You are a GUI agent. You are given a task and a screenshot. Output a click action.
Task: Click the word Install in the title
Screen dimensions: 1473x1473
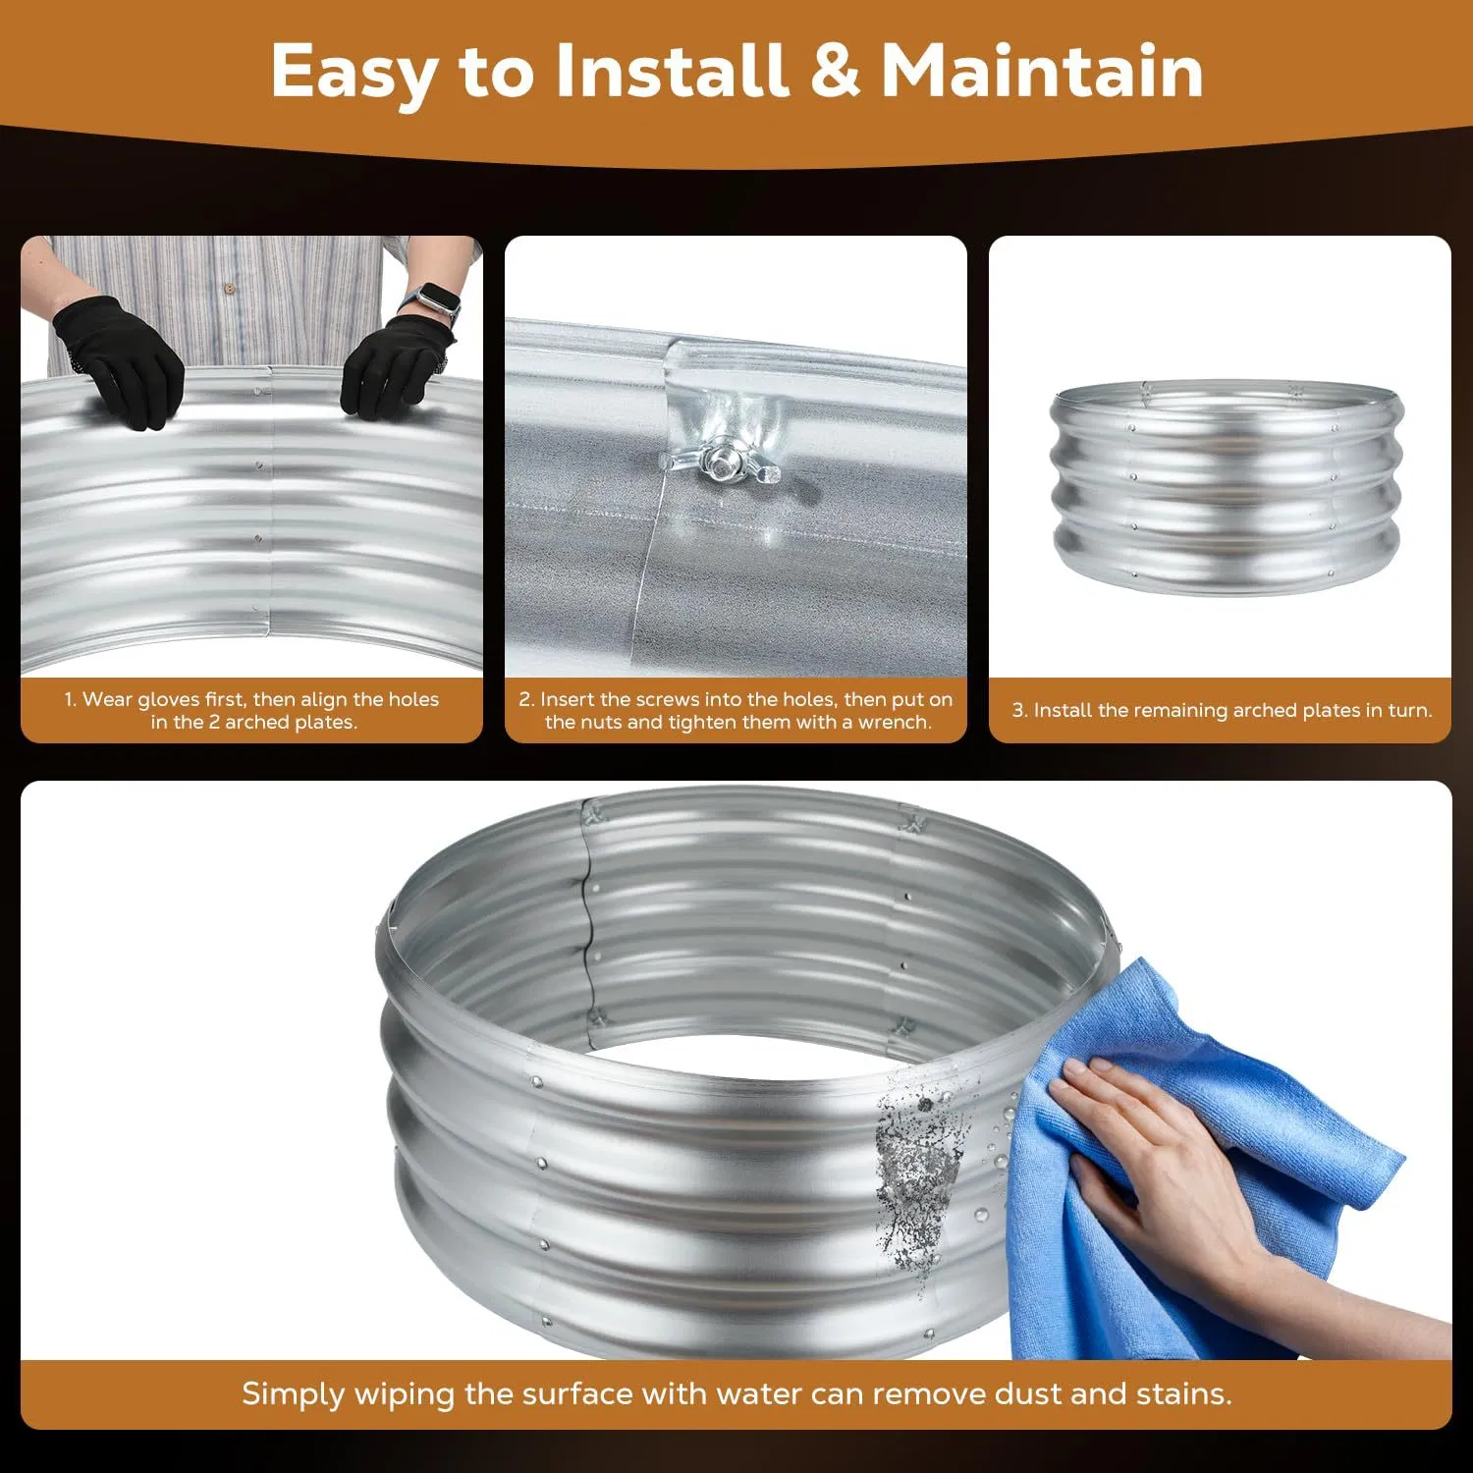click(672, 71)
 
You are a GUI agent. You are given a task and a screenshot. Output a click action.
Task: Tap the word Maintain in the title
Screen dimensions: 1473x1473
click(1042, 71)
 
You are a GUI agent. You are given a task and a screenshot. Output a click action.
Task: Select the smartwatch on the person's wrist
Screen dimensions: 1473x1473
click(433, 301)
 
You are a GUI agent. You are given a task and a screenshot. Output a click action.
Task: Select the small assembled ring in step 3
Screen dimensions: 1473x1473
click(1227, 488)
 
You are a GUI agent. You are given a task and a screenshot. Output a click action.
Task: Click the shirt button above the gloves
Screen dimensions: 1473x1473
click(230, 289)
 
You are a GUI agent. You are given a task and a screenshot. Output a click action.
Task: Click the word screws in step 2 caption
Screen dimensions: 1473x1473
click(672, 700)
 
